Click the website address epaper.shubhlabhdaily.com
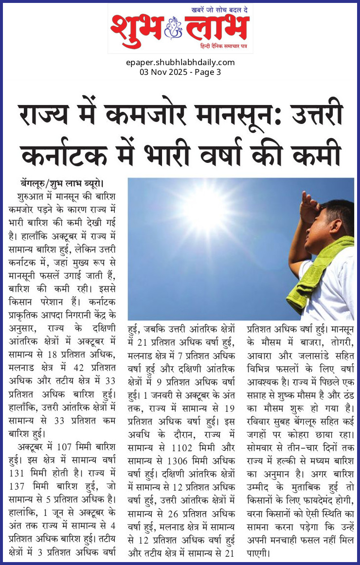[x=180, y=62]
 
